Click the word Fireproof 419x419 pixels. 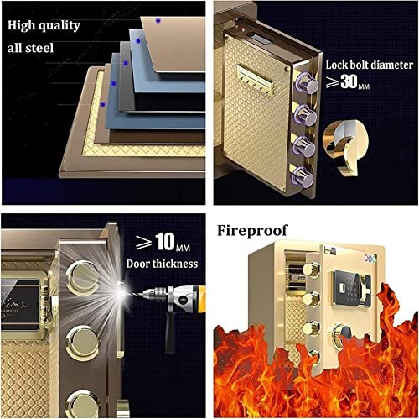252,231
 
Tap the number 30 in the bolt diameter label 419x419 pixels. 349,81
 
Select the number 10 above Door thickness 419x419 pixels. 165,241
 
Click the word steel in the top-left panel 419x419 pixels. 39,48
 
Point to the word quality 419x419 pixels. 59,25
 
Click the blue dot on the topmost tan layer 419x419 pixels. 158,20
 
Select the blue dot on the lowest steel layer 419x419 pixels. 103,105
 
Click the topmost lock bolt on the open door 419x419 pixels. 307,83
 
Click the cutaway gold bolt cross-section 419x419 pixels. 345,146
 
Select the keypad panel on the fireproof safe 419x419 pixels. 346,288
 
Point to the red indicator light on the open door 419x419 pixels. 243,29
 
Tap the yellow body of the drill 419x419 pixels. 200,299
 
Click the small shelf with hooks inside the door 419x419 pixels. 255,81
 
